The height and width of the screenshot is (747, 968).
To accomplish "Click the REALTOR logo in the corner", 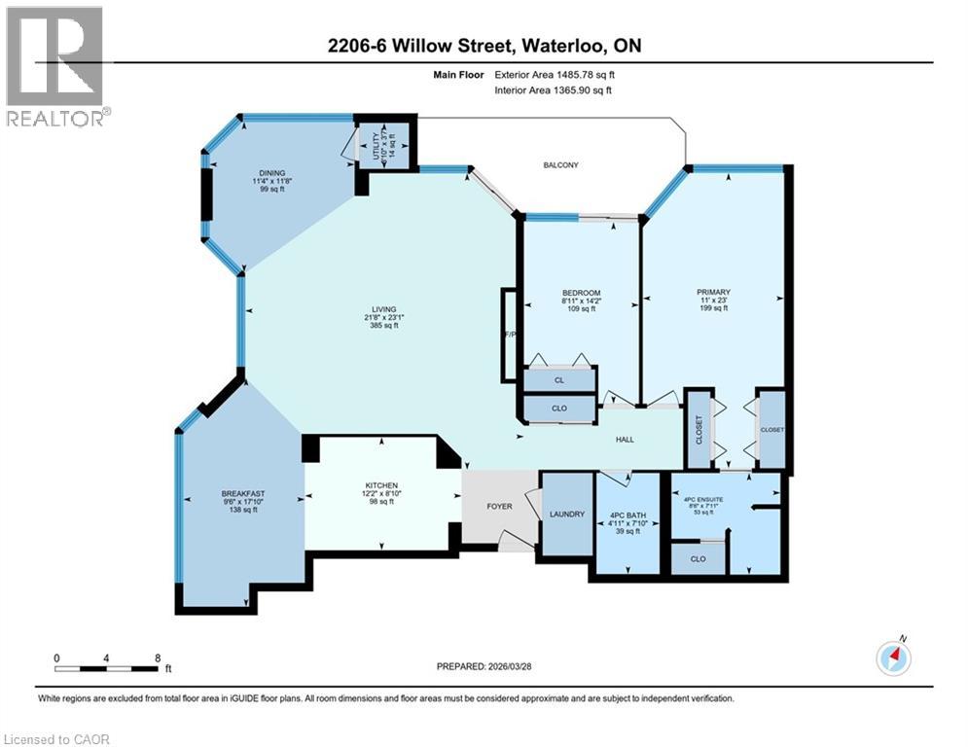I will click(x=55, y=66).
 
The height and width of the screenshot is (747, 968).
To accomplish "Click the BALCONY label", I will click(x=560, y=165).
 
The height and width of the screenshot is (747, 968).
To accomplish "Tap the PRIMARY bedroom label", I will click(x=713, y=292).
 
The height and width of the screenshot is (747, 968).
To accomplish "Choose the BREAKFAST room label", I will click(x=242, y=493).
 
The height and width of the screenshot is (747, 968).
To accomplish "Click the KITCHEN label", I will click(x=380, y=485).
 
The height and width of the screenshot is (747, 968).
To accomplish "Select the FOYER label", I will click(x=499, y=506).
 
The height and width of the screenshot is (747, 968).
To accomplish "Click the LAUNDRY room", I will click(x=566, y=515).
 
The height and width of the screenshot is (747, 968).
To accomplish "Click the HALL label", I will click(x=625, y=440).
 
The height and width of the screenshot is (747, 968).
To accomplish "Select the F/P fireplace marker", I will click(x=509, y=336).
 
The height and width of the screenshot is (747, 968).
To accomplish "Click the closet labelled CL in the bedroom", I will click(x=559, y=380).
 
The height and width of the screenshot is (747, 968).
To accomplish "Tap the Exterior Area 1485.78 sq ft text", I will click(x=556, y=73).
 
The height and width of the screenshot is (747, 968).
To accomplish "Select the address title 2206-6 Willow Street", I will click(x=484, y=46).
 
